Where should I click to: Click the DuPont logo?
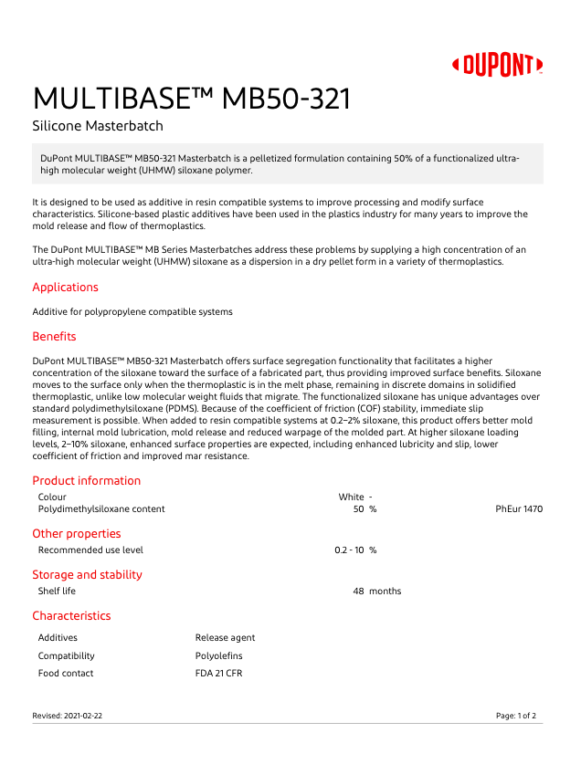(x=498, y=65)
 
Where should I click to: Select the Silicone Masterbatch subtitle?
(x=98, y=126)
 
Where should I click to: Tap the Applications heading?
(x=65, y=288)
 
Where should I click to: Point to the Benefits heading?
(x=54, y=337)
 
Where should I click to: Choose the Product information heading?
(x=87, y=481)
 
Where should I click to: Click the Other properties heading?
(x=77, y=534)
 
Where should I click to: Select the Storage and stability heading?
(x=87, y=575)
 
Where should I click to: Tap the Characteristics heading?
(x=71, y=616)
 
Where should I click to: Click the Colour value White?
(x=351, y=497)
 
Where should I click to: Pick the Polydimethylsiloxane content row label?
(x=101, y=509)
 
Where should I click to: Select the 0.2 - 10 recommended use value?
(x=350, y=550)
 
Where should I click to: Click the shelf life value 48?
(x=358, y=592)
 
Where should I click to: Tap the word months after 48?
(x=385, y=592)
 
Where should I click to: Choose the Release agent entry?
(x=225, y=638)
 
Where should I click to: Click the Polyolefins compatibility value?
(x=218, y=656)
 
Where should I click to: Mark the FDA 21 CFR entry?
(x=218, y=674)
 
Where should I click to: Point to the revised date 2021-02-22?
(x=83, y=717)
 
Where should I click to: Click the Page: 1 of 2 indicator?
(x=515, y=717)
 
